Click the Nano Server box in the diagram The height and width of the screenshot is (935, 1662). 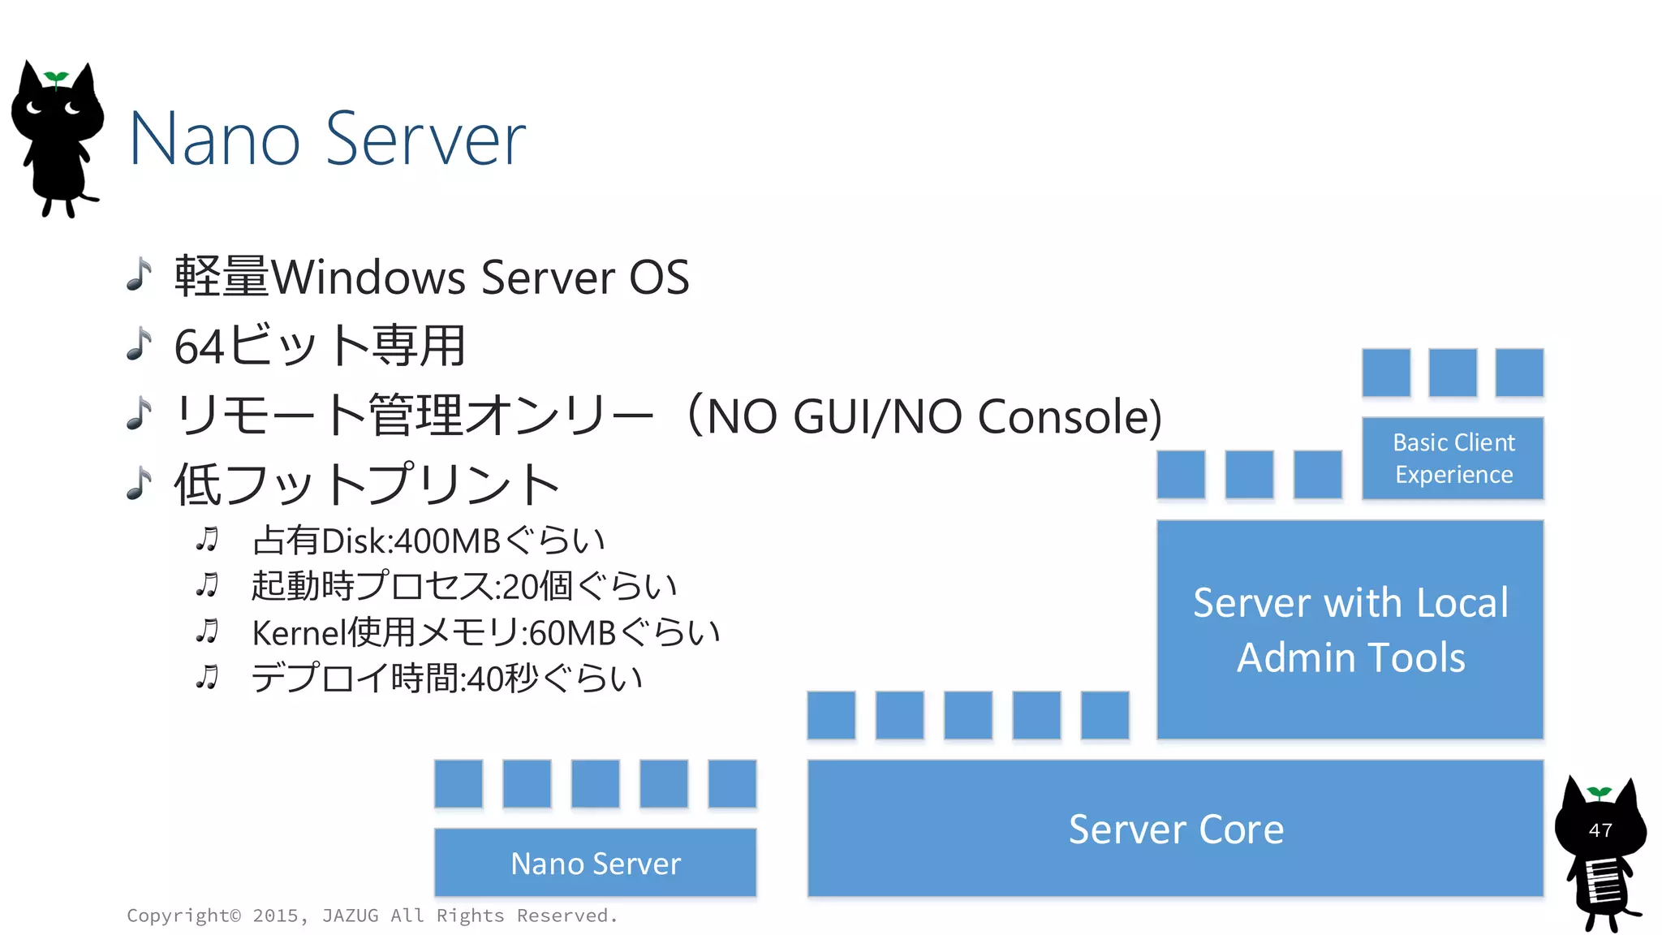[595, 862]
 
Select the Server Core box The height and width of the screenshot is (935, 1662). [1175, 829]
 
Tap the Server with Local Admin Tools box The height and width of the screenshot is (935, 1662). [1350, 629]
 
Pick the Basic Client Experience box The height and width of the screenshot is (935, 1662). [1453, 458]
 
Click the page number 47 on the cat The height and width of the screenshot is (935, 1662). [1600, 830]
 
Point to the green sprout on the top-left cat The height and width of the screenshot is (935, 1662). [56, 78]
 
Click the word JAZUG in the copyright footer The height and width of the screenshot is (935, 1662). [350, 916]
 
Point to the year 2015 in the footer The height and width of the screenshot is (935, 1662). [275, 916]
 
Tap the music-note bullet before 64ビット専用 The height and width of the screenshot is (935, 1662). [140, 344]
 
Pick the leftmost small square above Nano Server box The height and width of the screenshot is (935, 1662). [459, 783]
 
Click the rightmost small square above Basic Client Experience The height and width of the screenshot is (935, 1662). [1518, 373]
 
